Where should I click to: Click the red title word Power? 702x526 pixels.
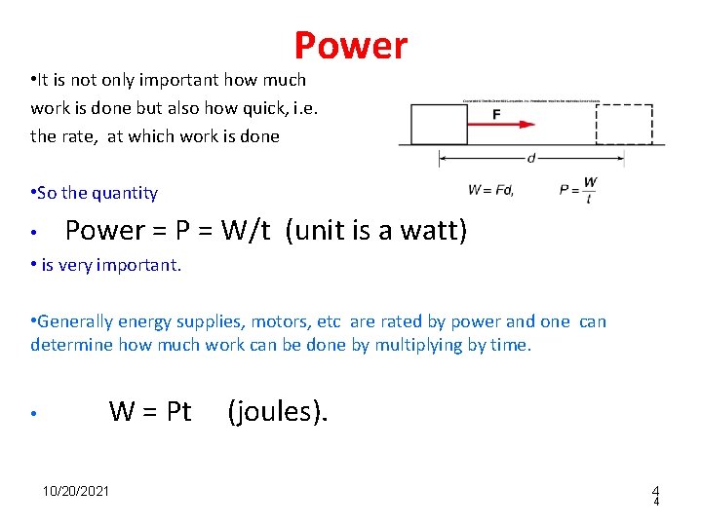(x=351, y=46)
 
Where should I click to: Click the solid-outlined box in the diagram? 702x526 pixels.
(x=439, y=124)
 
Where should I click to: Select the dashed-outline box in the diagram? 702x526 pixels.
(x=624, y=124)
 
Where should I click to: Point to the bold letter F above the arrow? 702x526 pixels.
(x=496, y=113)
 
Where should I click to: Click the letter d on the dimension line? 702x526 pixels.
(x=530, y=158)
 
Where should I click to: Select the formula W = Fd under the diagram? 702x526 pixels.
(x=490, y=189)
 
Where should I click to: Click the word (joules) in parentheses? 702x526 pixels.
(x=278, y=412)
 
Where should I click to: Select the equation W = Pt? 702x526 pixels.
(x=150, y=412)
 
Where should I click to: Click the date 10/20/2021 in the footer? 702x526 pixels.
(x=76, y=490)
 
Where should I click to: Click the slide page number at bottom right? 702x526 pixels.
(x=656, y=496)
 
